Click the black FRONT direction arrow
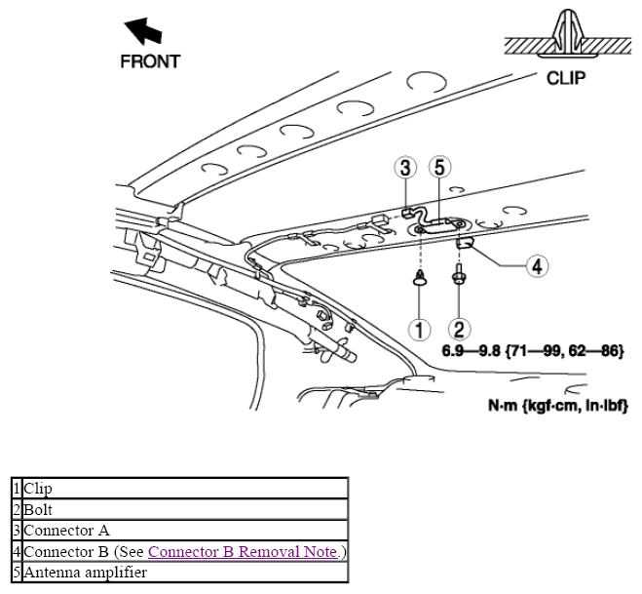(143, 30)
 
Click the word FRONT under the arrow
(150, 61)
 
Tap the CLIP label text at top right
(566, 78)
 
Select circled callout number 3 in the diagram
(405, 168)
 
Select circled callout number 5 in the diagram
(439, 167)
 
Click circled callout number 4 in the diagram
(537, 265)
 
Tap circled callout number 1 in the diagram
(420, 329)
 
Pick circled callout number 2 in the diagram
(460, 329)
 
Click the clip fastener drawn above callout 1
(420, 278)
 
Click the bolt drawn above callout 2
(458, 275)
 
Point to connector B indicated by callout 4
(465, 243)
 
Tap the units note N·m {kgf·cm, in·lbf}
(558, 406)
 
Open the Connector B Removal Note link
(243, 551)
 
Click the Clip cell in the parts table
(185, 489)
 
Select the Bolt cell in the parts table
(185, 509)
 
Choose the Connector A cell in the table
(185, 531)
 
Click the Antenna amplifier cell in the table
(185, 573)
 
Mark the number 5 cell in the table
(17, 573)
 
